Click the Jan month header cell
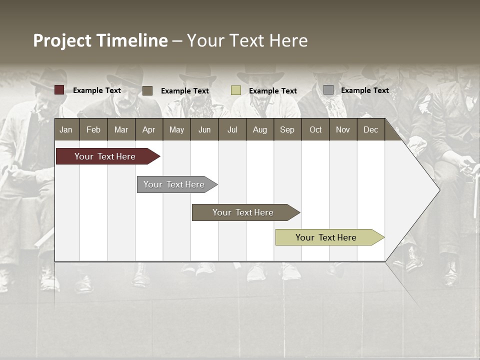[x=66, y=129]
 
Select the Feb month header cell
[x=93, y=129]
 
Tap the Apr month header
[x=149, y=129]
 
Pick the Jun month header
[x=204, y=129]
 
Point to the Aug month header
[x=260, y=129]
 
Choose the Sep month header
[x=287, y=129]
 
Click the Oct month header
[x=315, y=129]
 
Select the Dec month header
[x=371, y=129]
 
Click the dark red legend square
[x=59, y=90]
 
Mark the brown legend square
[x=147, y=90]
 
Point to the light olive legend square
[x=236, y=90]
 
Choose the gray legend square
[x=328, y=90]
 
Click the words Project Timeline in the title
[x=100, y=40]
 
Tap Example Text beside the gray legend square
[x=365, y=90]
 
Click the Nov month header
[x=343, y=129]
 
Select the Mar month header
[x=121, y=129]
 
